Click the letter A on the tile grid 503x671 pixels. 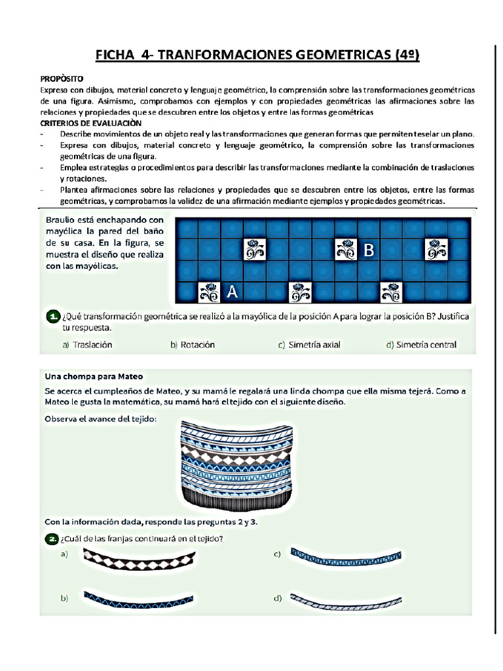pos(232,292)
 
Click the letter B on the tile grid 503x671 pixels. pos(369,250)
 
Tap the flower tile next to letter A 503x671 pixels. pos(209,292)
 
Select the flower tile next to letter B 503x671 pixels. pos(345,250)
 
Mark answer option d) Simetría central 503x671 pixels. pos(421,345)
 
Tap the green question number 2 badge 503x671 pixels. pos(52,539)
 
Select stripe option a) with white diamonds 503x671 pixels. pos(140,559)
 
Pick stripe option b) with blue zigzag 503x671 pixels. pos(138,598)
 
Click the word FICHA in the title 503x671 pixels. pos(115,54)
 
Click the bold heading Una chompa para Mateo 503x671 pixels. pos(94,376)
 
